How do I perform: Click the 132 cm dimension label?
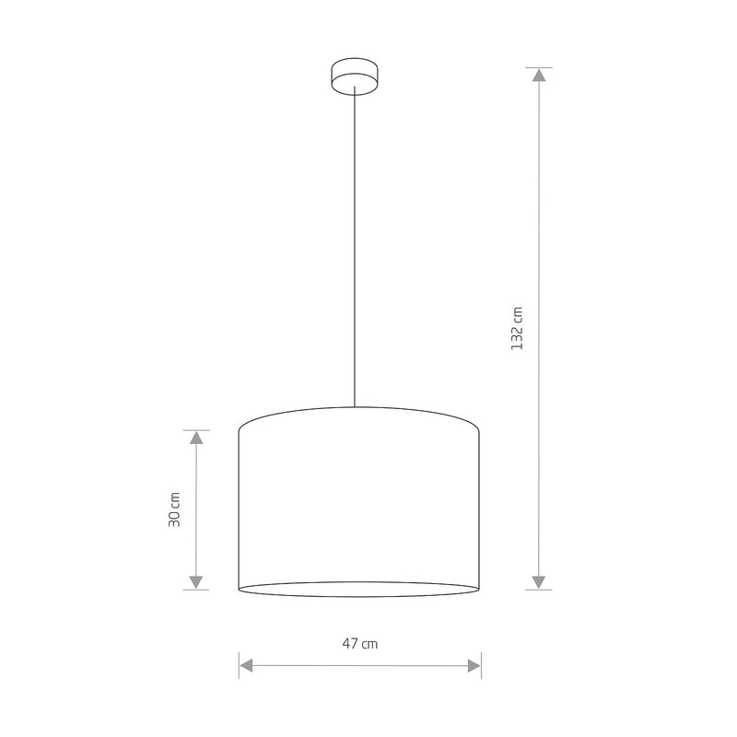coord(517,328)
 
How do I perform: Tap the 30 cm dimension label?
coord(174,509)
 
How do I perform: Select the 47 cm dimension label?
coord(360,643)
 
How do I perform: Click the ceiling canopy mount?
coord(355,76)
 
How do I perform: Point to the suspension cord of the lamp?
coord(355,247)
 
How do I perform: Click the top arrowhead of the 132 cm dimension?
coord(539,76)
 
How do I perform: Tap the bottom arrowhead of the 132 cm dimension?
coord(539,582)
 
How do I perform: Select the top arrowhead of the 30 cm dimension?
coord(196,438)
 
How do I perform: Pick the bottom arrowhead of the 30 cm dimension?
coord(196,582)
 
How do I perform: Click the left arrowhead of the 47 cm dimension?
coord(246,665)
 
